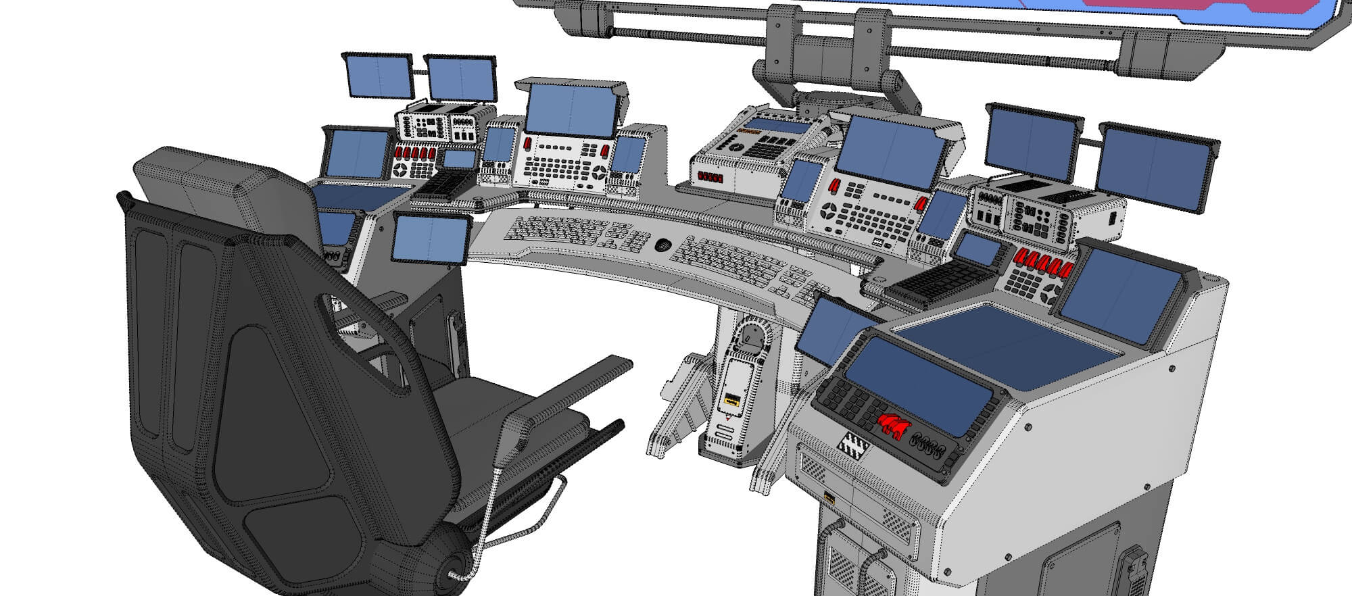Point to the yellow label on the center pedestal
[731, 401]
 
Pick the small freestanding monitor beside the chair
[431, 239]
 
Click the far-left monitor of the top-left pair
[379, 76]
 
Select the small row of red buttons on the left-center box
[710, 178]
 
